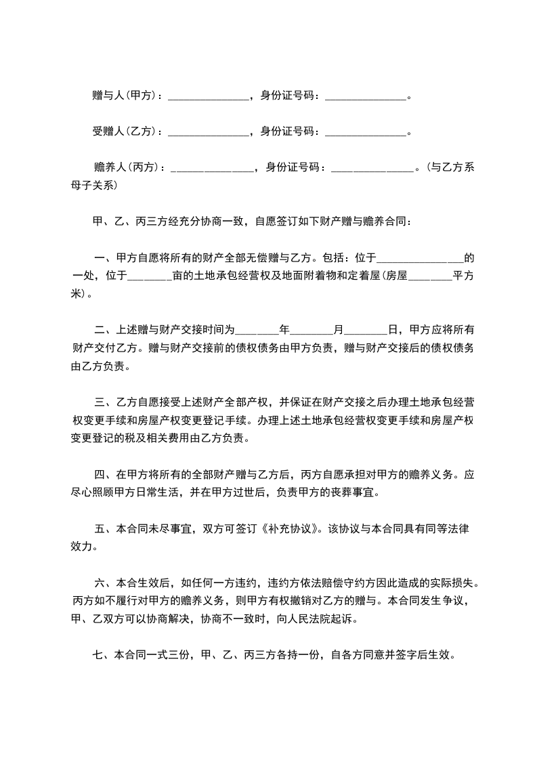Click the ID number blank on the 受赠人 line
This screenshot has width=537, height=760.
(366, 131)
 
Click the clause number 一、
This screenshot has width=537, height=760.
(104, 258)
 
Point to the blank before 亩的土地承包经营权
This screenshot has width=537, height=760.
(150, 276)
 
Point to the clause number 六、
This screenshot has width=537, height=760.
(104, 583)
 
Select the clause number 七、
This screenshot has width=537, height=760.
(102, 655)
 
